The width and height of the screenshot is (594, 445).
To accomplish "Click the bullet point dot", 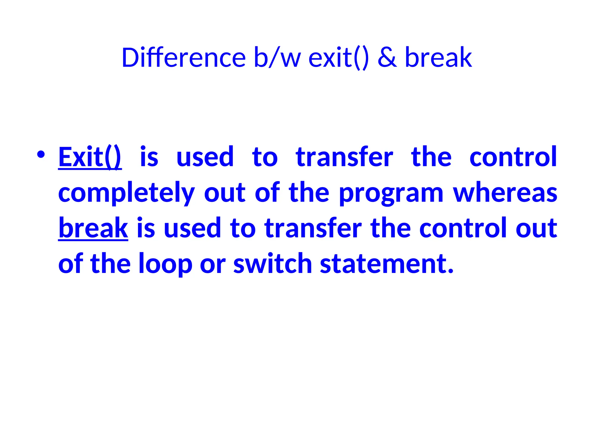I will click(41, 154).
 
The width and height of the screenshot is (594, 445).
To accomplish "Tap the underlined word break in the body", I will click(93, 228).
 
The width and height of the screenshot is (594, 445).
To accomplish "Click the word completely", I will click(126, 193).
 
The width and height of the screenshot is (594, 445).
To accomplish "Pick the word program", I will click(391, 193).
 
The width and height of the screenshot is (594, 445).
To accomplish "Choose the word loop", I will click(165, 264).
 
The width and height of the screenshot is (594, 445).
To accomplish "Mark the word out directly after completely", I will click(225, 193).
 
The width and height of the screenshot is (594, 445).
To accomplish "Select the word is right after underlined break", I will click(146, 228).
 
